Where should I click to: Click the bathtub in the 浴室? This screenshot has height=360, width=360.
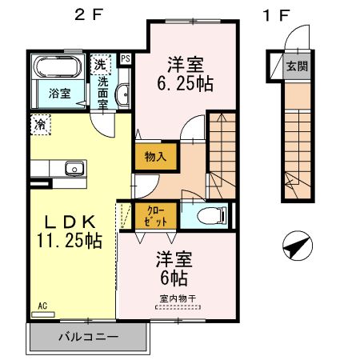(58, 66)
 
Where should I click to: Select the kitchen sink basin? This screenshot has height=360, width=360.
(74, 169)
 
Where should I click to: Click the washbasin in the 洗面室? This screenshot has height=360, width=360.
(122, 94)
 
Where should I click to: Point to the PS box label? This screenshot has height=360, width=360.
(126, 58)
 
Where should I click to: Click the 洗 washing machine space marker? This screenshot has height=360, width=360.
(100, 64)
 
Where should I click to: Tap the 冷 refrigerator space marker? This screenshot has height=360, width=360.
(41, 125)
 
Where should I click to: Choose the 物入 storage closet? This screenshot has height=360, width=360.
(156, 157)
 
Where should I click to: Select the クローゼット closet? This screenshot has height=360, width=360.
(156, 216)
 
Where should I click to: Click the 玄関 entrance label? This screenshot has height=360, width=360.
(297, 66)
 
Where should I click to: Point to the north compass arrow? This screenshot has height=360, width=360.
(298, 246)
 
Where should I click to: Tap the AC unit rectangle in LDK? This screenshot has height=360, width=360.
(43, 314)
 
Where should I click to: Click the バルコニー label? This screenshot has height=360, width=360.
(88, 337)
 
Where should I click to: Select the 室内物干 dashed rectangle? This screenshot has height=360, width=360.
(178, 307)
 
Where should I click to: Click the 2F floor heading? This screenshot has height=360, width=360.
(89, 14)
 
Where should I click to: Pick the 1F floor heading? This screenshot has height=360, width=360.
(276, 15)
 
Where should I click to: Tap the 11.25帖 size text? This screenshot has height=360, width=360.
(69, 241)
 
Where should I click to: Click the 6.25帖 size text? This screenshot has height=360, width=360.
(185, 83)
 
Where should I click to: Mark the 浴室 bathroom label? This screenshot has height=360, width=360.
(60, 94)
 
